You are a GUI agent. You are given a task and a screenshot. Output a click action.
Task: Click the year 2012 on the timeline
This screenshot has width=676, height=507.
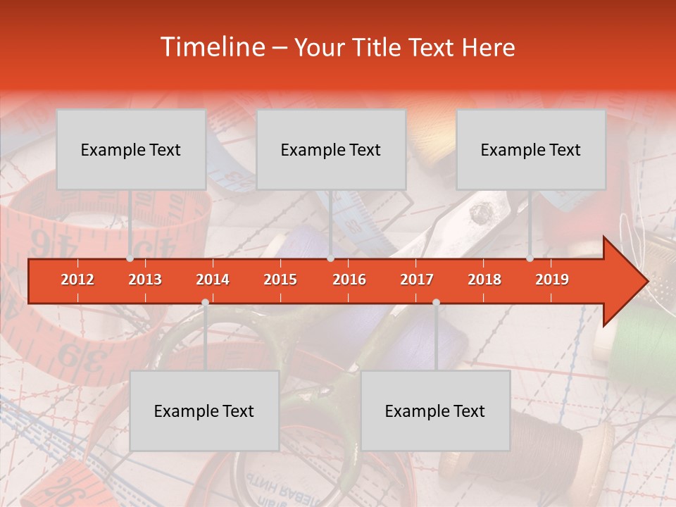click(77, 280)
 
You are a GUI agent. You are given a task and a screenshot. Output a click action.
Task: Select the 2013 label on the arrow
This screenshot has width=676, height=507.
click(145, 280)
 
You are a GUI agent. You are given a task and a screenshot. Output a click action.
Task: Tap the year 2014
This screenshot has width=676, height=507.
click(213, 280)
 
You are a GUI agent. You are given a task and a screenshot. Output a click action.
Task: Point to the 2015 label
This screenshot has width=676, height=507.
click(280, 280)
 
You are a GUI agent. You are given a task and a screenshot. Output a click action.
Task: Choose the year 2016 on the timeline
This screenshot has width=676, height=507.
click(349, 280)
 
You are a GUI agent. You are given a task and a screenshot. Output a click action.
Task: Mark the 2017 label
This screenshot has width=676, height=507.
click(417, 280)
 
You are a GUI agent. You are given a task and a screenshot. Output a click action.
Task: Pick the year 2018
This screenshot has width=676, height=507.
click(484, 280)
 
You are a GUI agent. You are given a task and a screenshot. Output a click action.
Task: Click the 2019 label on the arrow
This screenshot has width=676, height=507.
click(552, 280)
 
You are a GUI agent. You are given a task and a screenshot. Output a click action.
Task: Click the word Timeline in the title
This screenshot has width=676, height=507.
click(211, 47)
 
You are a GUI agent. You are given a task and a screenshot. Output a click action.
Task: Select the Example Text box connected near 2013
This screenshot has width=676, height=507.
click(131, 149)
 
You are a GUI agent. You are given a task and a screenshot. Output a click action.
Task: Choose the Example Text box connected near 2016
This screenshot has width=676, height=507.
click(331, 149)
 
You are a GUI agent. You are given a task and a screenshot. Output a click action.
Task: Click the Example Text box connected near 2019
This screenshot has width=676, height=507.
click(531, 149)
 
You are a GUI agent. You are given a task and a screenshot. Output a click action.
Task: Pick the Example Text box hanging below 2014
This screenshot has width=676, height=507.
click(204, 411)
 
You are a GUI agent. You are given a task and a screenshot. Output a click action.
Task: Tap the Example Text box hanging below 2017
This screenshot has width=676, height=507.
click(435, 411)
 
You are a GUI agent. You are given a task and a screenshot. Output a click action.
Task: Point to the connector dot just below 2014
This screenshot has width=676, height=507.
click(205, 303)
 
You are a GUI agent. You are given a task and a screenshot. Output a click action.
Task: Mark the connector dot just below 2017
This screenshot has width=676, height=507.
click(436, 303)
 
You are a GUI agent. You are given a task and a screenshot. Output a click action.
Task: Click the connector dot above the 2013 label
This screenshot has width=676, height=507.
click(130, 258)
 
